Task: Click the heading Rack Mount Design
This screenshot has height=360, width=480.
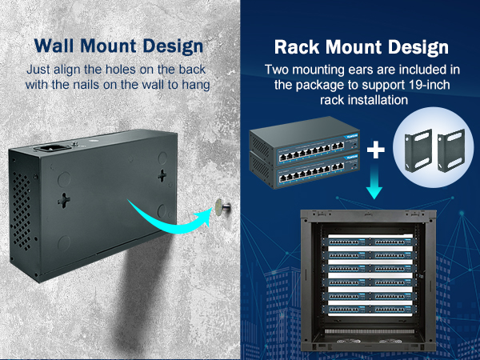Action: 360,46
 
